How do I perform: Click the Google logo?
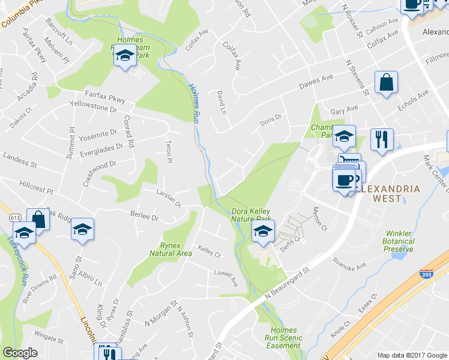tap(20, 353)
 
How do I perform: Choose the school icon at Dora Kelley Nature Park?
tap(263, 230)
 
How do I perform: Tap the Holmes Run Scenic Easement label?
tap(284, 338)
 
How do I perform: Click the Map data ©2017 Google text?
tap(411, 354)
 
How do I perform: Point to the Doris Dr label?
tap(271, 119)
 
